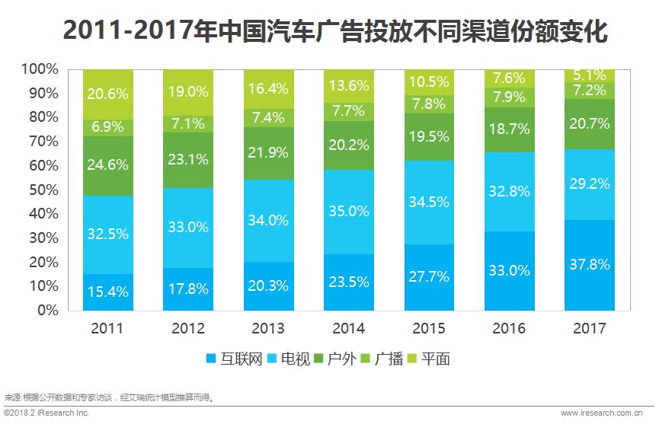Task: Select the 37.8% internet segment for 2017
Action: point(589,264)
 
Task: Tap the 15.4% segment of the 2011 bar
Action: point(108,291)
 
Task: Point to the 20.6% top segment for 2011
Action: point(108,94)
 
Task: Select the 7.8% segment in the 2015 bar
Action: point(429,104)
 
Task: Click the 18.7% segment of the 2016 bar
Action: point(509,129)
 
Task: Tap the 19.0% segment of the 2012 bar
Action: point(188,91)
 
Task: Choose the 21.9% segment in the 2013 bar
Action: point(268,153)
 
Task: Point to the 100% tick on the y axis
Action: point(40,69)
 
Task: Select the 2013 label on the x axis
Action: point(268,329)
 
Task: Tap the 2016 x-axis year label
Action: point(509,329)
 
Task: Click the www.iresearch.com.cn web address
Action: point(606,413)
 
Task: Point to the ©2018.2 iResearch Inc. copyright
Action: point(46,413)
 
